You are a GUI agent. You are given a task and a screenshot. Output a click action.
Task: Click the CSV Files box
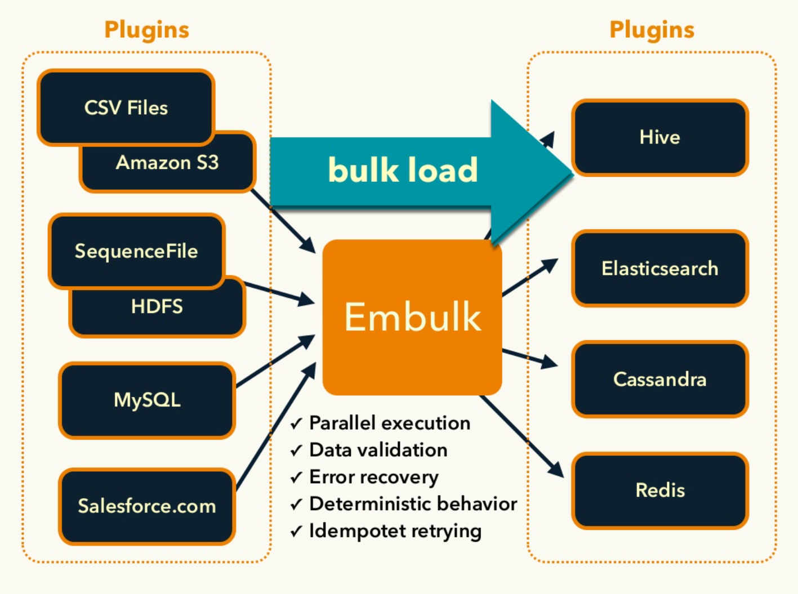[x=126, y=107]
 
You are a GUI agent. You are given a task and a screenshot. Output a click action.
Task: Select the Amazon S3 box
[x=167, y=163]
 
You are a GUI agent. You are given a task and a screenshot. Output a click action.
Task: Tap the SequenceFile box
[x=136, y=251]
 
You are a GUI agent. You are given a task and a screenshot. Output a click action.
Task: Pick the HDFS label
[x=157, y=307]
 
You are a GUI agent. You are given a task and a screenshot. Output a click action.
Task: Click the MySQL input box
[x=147, y=400]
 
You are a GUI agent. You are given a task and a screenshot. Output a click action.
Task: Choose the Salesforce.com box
[x=147, y=506]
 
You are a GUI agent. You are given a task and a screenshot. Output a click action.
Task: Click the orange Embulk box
[x=412, y=317]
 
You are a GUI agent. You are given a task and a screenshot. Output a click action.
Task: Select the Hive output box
[x=659, y=137]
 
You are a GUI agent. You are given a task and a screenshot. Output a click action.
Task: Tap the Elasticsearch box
[x=659, y=269]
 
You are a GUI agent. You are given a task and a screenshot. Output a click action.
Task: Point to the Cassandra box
[x=659, y=379]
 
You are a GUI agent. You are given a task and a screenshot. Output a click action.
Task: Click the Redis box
[x=659, y=490]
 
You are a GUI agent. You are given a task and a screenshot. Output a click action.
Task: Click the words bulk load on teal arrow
[x=403, y=170]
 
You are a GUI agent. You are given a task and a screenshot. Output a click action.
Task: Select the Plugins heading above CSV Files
[x=146, y=30]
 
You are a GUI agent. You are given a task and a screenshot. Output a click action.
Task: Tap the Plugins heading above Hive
[x=652, y=30]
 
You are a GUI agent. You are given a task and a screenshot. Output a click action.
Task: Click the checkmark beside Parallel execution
[x=296, y=424]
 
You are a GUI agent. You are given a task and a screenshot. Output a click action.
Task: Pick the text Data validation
[x=378, y=450]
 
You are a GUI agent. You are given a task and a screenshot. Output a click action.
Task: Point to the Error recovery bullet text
[x=373, y=477]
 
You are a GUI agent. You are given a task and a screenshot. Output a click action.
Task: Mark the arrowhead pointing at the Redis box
[x=556, y=470]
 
